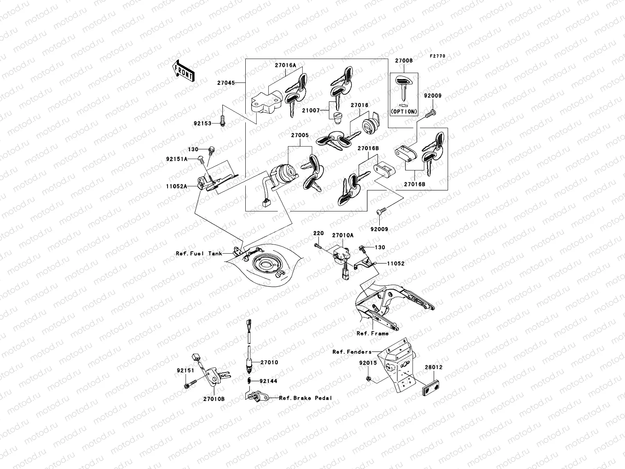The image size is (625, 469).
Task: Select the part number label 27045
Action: click(227, 83)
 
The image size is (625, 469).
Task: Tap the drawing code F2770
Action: click(437, 56)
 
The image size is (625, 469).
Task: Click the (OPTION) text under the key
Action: click(404, 111)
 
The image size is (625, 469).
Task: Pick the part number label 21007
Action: click(311, 111)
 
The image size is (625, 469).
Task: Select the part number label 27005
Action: click(300, 135)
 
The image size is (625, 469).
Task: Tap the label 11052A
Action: click(177, 186)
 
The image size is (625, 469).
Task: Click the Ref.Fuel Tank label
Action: click(199, 254)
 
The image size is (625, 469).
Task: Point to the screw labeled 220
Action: click(318, 246)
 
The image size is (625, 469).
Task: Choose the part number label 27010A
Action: click(343, 235)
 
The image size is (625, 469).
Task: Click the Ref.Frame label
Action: click(372, 333)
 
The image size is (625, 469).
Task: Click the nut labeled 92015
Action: click(369, 378)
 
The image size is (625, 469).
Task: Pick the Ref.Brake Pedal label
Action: click(305, 398)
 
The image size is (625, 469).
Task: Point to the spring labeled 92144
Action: click(248, 381)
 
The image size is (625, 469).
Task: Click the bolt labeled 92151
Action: click(187, 386)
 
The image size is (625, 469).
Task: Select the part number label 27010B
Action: click(214, 399)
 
